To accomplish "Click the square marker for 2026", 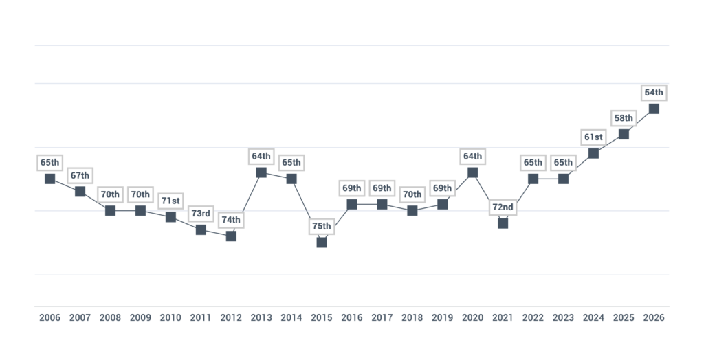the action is tap(654, 109).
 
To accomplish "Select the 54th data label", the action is tap(654, 93).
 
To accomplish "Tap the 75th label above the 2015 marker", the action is tap(322, 226).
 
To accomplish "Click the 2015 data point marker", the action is tap(322, 243).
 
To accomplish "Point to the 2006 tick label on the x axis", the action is tap(49, 318).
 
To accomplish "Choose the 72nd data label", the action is tap(503, 207).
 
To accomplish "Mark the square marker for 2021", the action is tap(503, 223).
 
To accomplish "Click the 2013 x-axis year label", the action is tap(261, 318).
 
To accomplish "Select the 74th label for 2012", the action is tap(231, 220).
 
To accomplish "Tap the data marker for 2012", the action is tap(231, 236).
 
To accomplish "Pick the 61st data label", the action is tap(593, 137).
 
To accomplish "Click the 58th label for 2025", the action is tap(624, 118).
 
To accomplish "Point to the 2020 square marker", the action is tap(473, 172).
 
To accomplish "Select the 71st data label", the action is tap(170, 201).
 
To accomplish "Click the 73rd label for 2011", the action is tap(201, 214).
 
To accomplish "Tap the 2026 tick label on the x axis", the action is tap(654, 318).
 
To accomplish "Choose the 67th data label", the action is tap(80, 175).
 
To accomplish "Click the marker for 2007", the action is tap(80, 192).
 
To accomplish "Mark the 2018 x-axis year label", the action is tap(412, 318).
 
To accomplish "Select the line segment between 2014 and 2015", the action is tap(307, 210).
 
